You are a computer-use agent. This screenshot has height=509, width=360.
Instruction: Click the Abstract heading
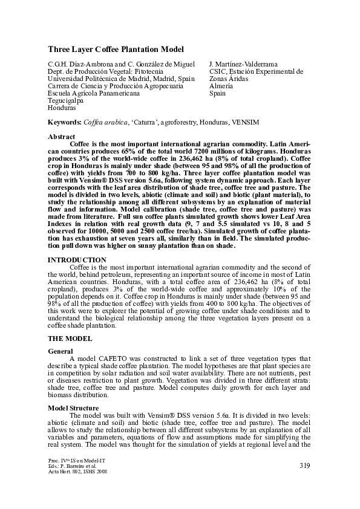[61, 137]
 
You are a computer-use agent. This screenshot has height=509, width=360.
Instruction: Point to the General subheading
[61, 351]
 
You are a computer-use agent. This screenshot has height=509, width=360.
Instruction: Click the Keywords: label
[65, 122]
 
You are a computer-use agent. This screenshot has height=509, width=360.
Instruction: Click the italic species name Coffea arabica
[106, 122]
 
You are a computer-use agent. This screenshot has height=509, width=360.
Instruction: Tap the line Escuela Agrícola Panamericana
[94, 93]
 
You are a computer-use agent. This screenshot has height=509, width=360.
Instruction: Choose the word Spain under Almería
[217, 93]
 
